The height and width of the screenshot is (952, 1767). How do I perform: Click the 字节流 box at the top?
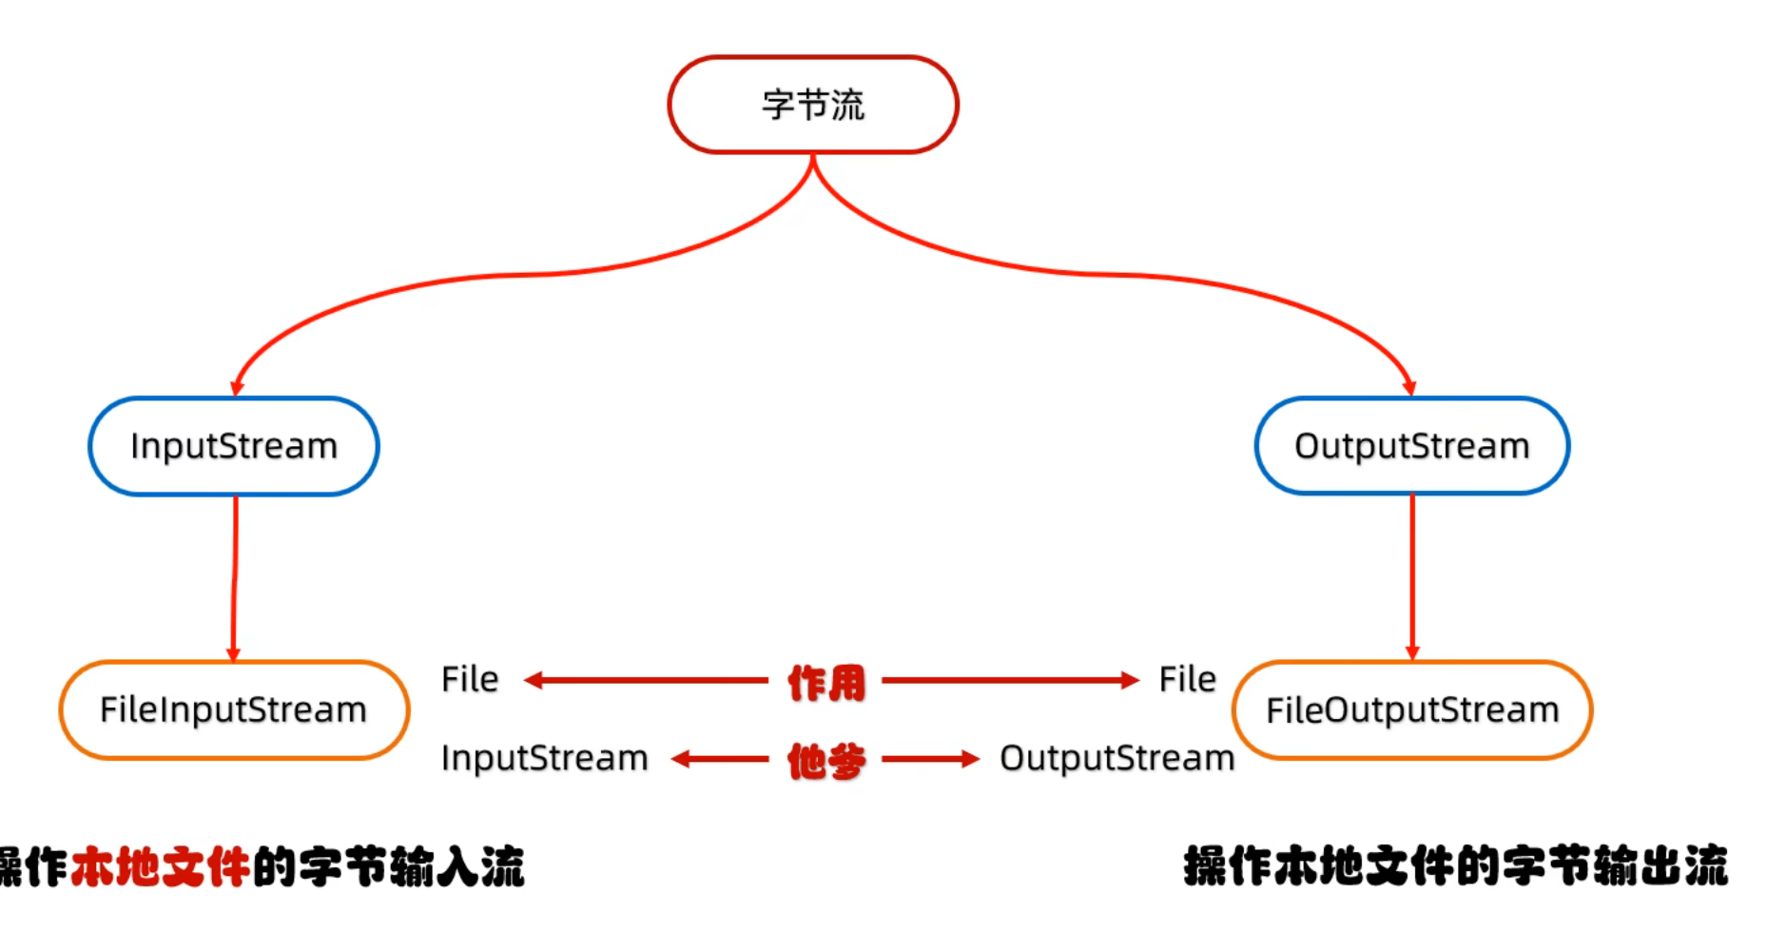(813, 105)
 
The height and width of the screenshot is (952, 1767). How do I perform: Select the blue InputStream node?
(234, 446)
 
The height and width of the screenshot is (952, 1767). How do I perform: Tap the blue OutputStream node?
(1412, 446)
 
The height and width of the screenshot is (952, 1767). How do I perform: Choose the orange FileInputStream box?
(234, 710)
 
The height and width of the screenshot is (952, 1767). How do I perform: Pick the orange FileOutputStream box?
(1412, 710)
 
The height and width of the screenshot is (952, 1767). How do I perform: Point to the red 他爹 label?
(826, 761)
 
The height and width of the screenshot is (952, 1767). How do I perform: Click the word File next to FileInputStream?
(470, 679)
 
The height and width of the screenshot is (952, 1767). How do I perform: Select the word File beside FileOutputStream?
(1187, 679)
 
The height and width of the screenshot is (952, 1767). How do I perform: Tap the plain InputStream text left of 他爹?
(544, 758)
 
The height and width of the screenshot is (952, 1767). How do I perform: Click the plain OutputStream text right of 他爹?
(1117, 758)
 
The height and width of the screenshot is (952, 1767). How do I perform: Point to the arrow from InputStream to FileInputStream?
(235, 575)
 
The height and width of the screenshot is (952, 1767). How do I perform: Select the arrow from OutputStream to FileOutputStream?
(1412, 575)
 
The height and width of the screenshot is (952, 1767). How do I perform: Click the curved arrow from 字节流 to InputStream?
(495, 277)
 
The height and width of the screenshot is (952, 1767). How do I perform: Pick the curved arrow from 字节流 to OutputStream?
(1132, 276)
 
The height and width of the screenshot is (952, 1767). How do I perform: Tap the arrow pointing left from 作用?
(647, 680)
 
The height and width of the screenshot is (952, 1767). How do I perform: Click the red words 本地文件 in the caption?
(160, 866)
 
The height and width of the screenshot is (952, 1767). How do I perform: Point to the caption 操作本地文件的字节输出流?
(1455, 866)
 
